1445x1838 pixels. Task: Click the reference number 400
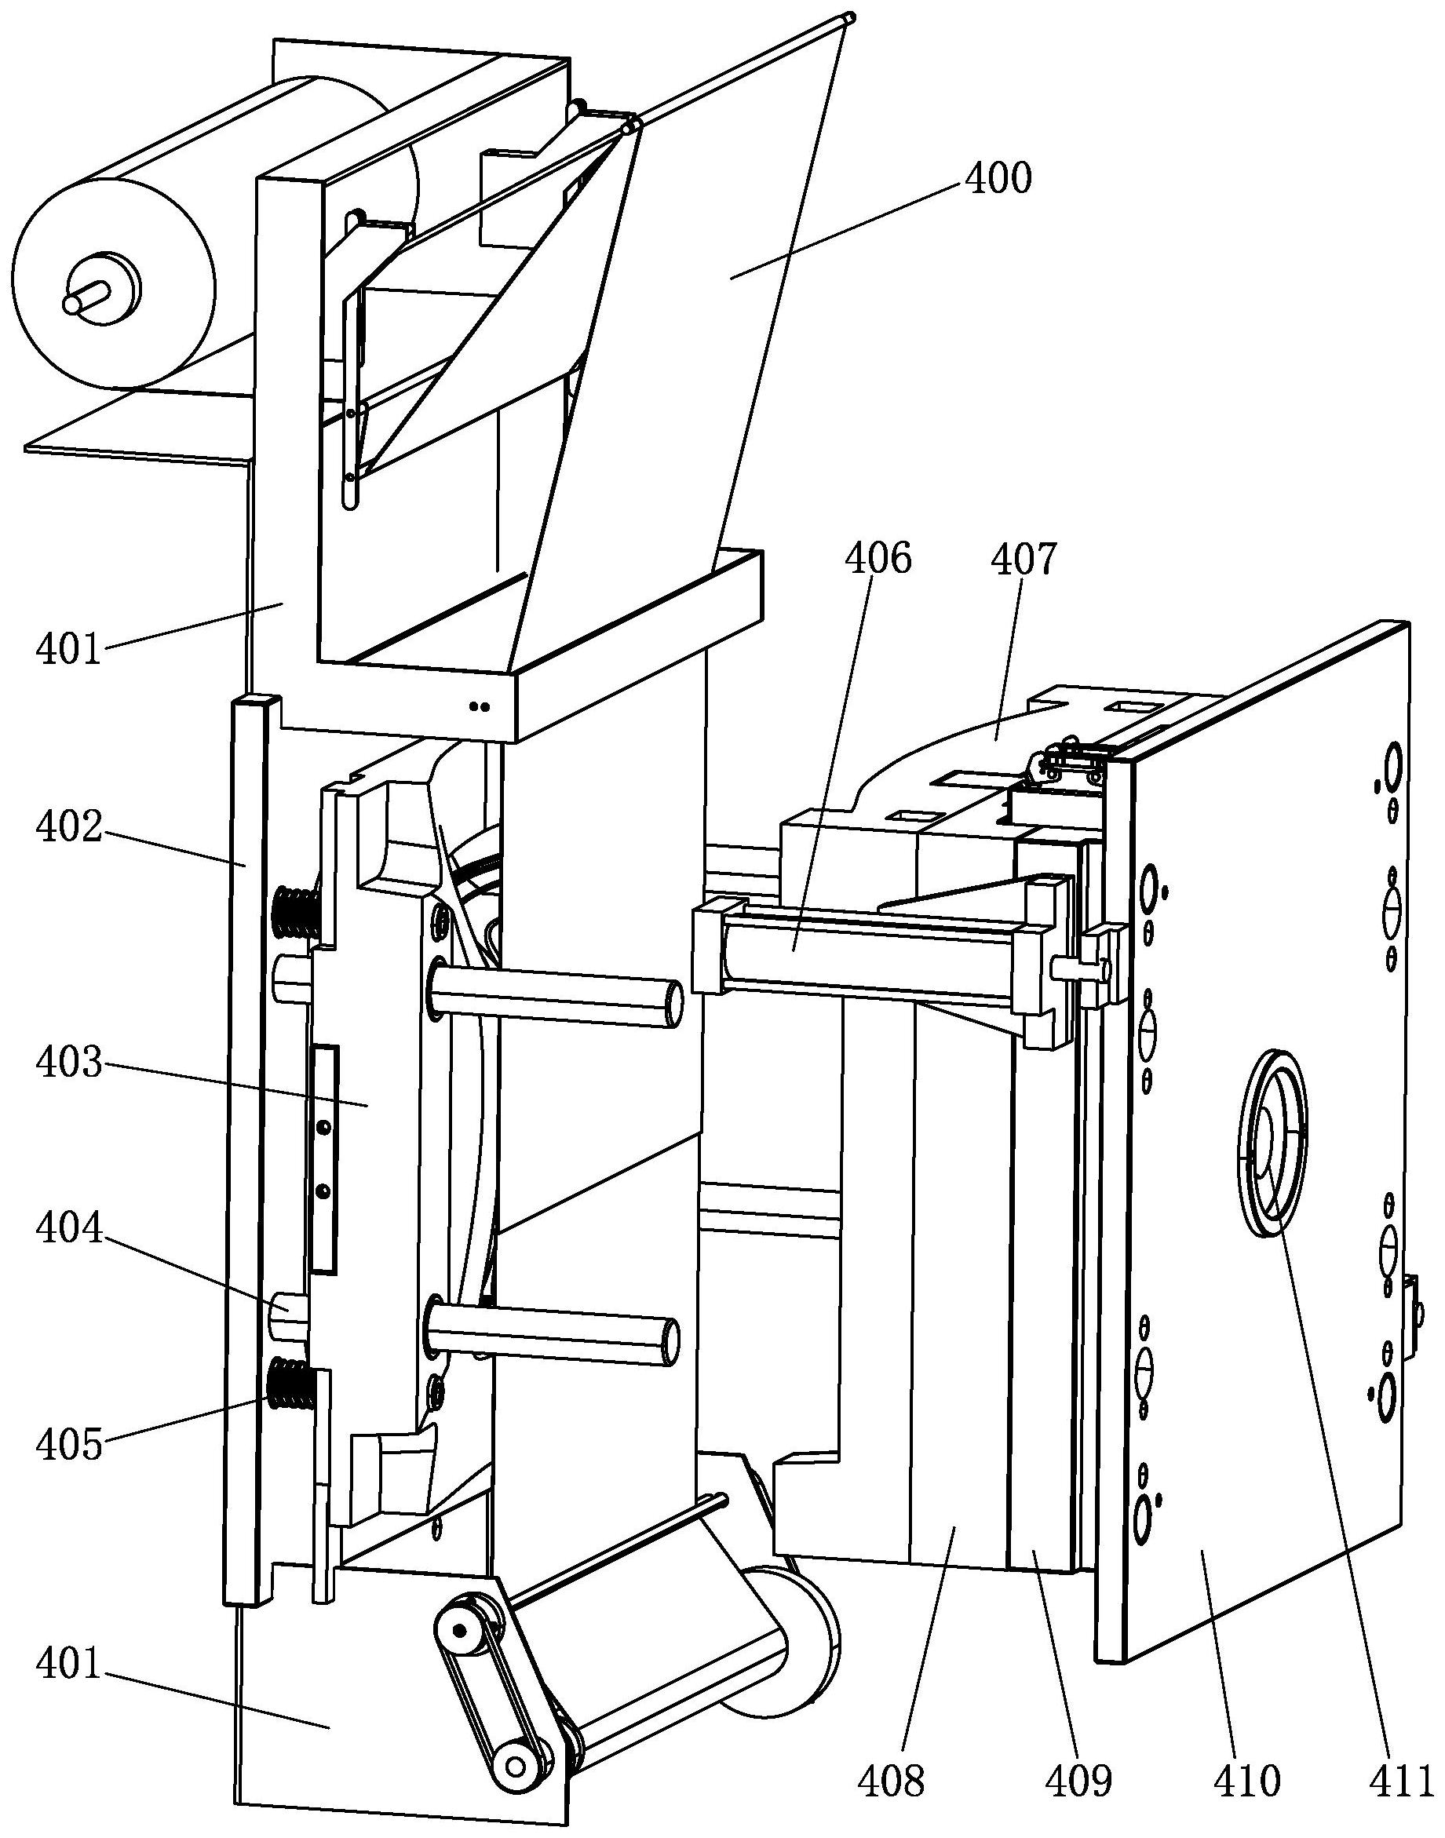[x=999, y=179]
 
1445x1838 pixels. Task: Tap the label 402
[x=68, y=828]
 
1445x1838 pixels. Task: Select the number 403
[x=68, y=1063]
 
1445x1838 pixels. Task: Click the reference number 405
[x=68, y=1446]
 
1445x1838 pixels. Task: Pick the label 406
[x=878, y=560]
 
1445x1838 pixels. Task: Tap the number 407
[x=1024, y=560]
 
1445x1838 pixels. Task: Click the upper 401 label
[x=68, y=651]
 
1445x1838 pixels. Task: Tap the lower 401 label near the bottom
[x=68, y=1666]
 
